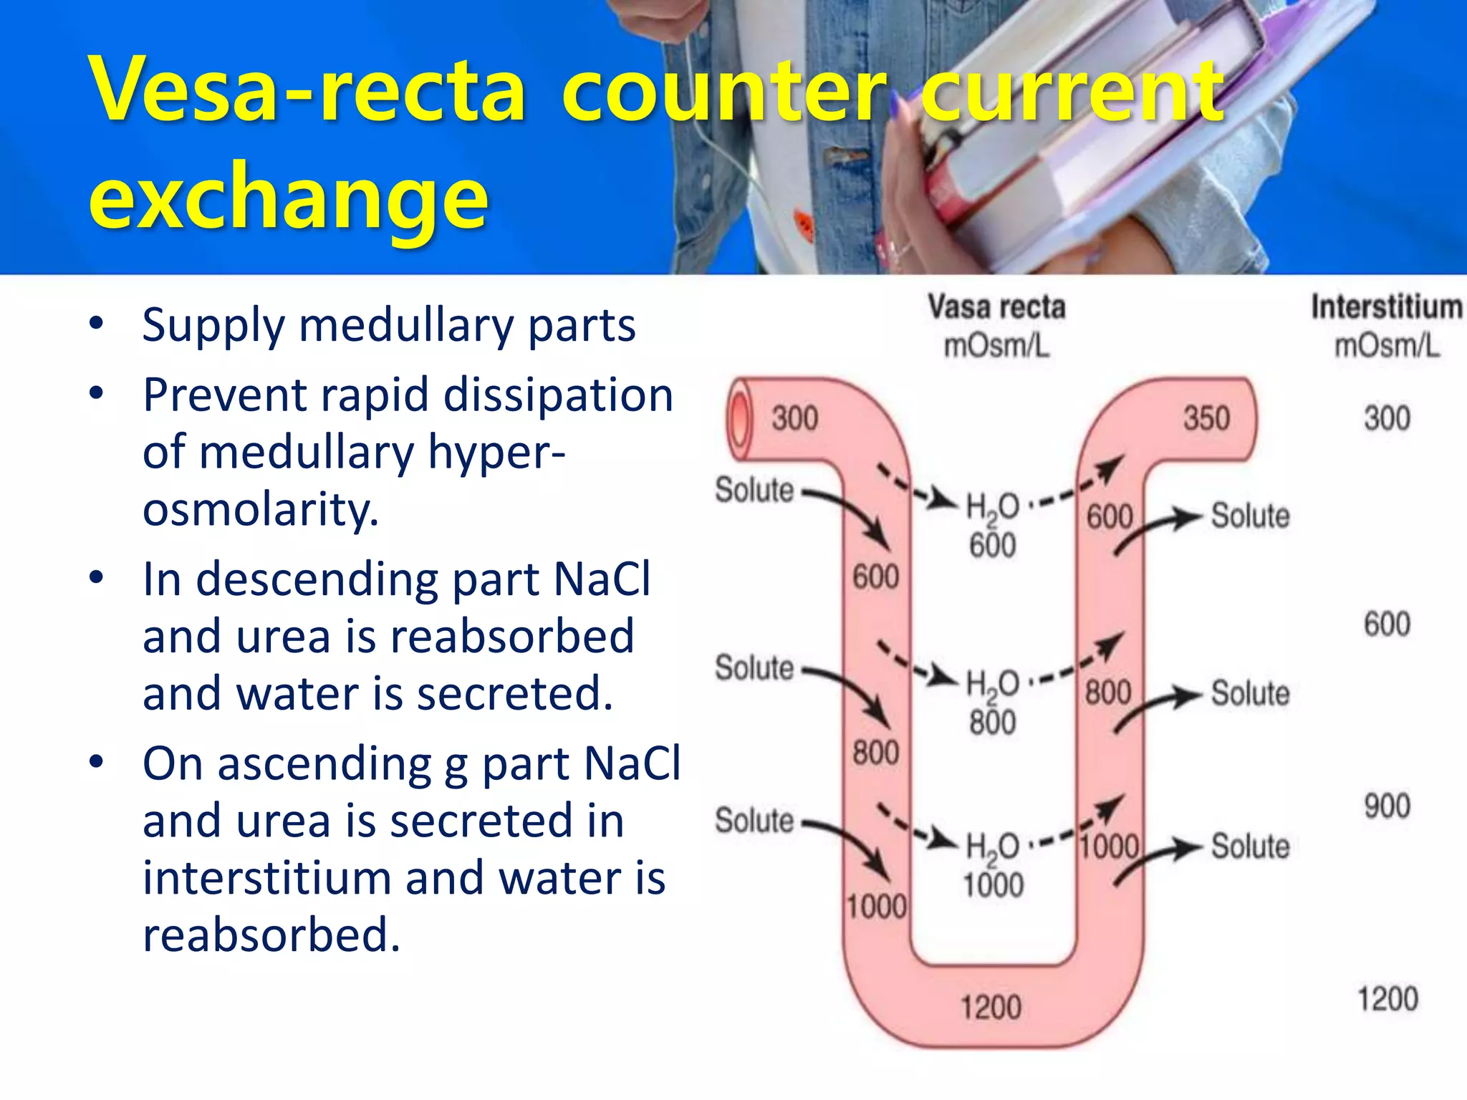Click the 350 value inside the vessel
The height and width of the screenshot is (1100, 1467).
click(1206, 418)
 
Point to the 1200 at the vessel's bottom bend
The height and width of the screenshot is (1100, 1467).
click(991, 1008)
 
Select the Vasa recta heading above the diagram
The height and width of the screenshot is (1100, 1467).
click(996, 307)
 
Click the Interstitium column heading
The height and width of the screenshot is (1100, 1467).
click(1386, 307)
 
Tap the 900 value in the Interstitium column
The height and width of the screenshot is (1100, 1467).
click(1387, 806)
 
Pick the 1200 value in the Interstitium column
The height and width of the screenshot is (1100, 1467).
click(1387, 999)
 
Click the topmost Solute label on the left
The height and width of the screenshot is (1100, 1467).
click(754, 491)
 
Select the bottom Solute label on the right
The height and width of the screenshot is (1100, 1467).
click(1250, 846)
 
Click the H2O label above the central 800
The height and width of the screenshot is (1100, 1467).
click(992, 684)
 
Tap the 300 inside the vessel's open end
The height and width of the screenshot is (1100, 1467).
click(794, 418)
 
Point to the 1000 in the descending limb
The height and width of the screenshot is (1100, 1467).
click(877, 907)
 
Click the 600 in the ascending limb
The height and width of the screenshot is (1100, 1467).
click(1110, 517)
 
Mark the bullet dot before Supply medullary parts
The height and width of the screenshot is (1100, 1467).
click(97, 323)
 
